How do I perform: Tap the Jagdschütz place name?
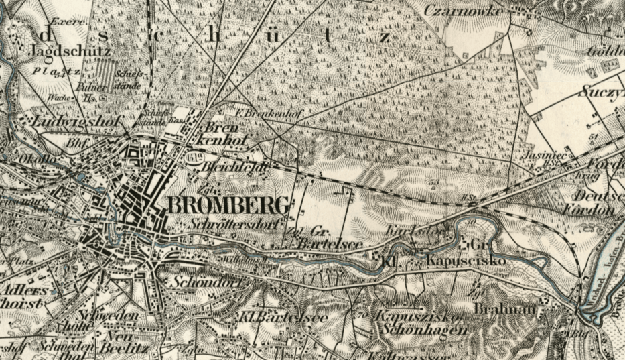click(x=61, y=51)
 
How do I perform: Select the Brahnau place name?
click(x=498, y=309)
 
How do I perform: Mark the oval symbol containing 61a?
click(x=196, y=158)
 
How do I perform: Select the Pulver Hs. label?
click(x=90, y=92)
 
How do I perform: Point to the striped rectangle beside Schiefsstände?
click(x=105, y=73)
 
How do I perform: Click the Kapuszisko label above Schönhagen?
click(x=418, y=316)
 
